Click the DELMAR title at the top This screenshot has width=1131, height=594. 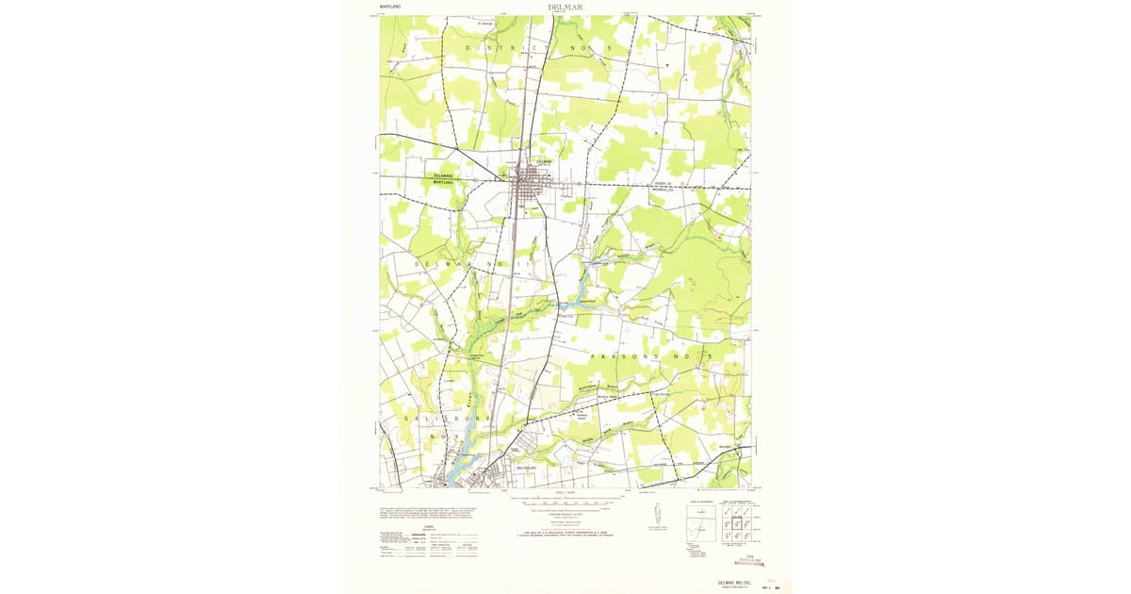pos(565,7)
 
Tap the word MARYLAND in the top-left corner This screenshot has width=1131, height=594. pos(389,7)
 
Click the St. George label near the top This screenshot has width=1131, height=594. pos(486,24)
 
